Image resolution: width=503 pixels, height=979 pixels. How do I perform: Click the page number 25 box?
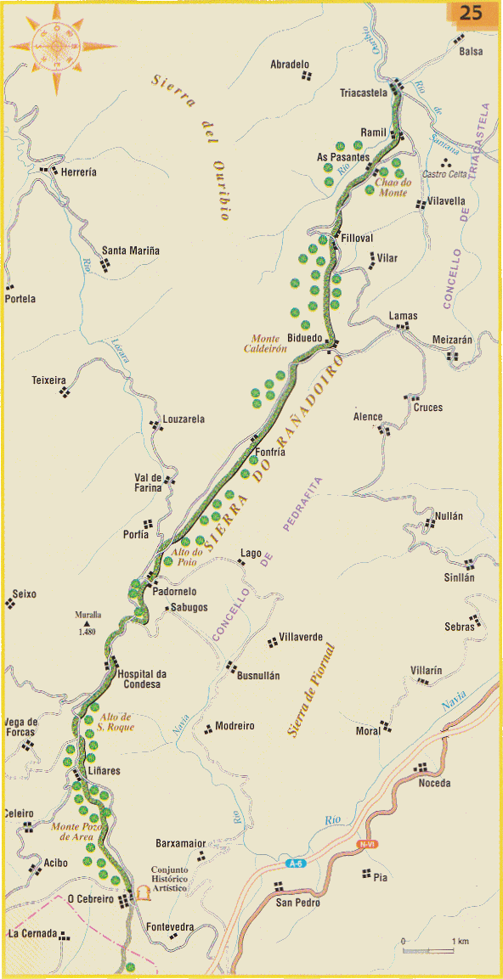click(469, 14)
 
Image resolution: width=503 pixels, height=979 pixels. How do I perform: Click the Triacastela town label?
click(363, 93)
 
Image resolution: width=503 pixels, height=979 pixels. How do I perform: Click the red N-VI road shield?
click(367, 844)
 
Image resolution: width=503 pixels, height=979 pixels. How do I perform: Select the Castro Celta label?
click(445, 174)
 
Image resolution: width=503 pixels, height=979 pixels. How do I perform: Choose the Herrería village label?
click(78, 172)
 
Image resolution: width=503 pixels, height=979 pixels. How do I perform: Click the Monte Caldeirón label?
click(269, 344)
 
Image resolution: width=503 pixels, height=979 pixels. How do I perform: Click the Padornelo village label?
click(175, 591)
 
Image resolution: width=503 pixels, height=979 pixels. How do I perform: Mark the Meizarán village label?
click(452, 339)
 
